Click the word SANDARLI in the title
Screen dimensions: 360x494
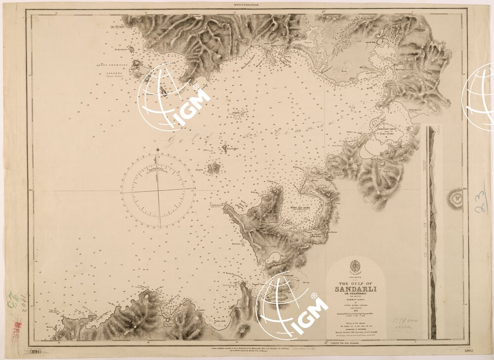[355, 288]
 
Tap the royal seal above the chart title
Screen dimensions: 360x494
[355, 267]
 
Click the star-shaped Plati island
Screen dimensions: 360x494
[213, 168]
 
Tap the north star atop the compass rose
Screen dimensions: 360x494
[157, 149]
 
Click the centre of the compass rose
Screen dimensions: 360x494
[158, 191]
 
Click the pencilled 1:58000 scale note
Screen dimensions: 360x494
[403, 321]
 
